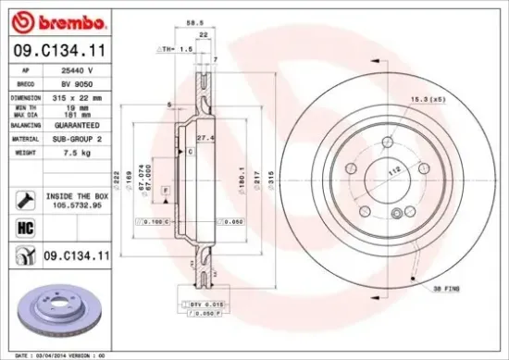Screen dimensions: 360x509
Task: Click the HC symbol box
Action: click(x=25, y=226)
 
